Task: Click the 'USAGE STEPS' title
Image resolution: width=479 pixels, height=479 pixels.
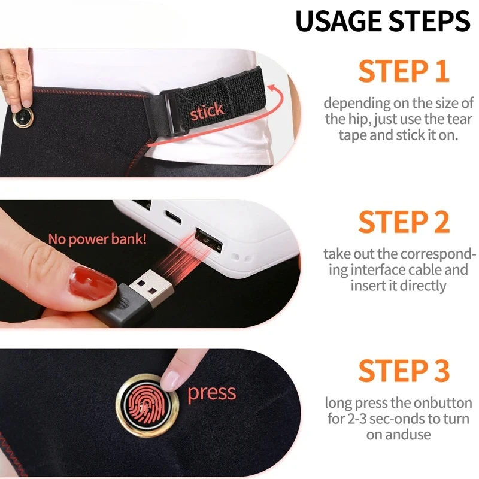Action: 383,22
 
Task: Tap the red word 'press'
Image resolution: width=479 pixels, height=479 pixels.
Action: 212,393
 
